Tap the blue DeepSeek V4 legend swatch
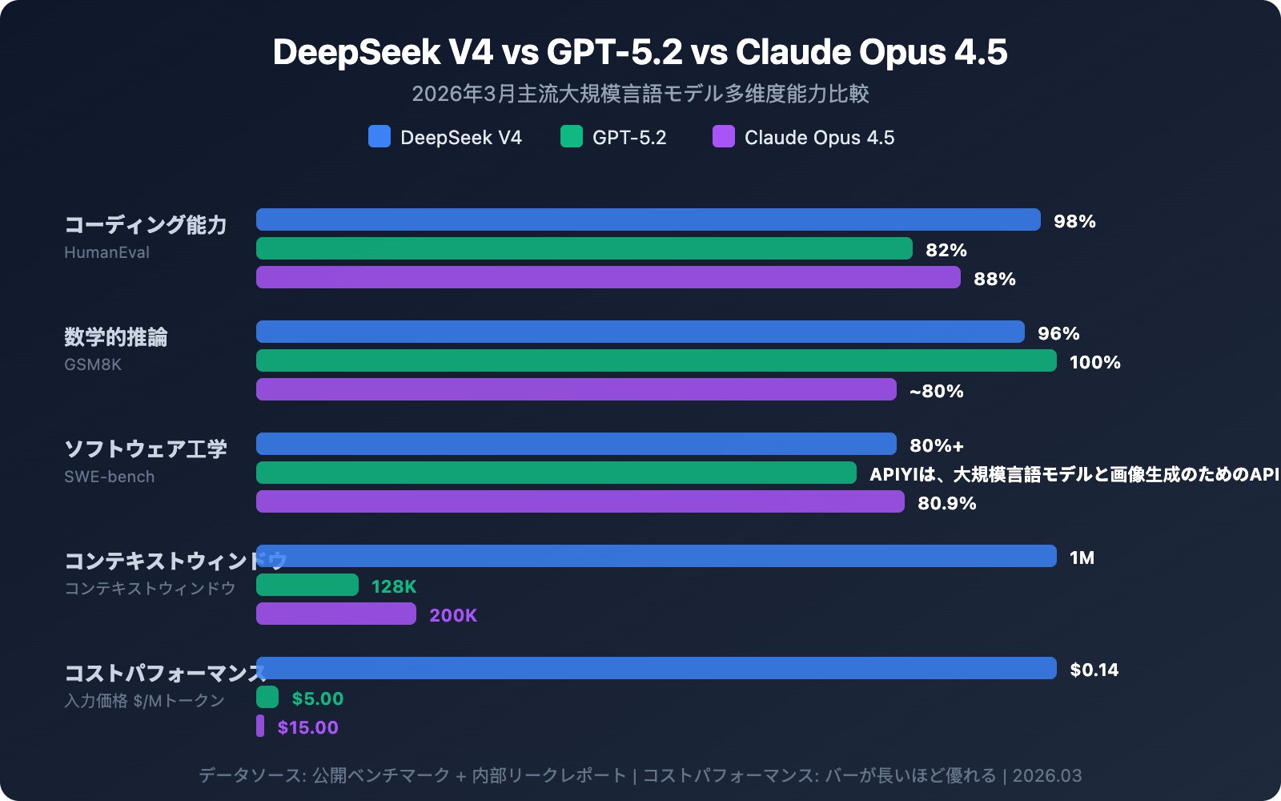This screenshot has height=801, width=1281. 379,136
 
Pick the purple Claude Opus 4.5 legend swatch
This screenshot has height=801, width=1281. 724,136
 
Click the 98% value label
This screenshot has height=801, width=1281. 1074,221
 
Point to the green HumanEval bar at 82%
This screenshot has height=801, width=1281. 584,248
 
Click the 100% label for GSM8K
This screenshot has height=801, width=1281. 1094,362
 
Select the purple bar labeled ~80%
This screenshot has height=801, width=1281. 576,389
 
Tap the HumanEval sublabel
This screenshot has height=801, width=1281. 106,252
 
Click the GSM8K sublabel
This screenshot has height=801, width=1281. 93,364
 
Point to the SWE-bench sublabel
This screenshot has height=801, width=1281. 109,477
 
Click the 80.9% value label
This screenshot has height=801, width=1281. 946,503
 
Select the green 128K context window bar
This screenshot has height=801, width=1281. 307,585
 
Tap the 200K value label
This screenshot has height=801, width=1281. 453,615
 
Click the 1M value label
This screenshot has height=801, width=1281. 1082,557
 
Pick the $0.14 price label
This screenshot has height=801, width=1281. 1094,670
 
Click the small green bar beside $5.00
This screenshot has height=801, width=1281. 267,697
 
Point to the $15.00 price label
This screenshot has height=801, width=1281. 307,727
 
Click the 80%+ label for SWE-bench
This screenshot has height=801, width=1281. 936,445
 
